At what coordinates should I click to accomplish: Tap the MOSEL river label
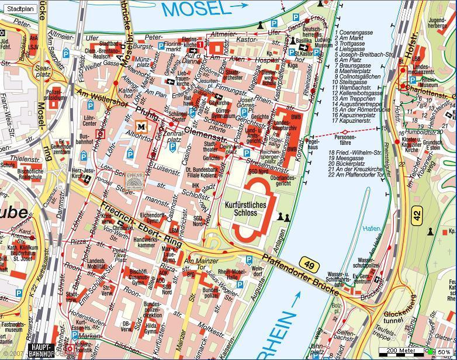point(193,9)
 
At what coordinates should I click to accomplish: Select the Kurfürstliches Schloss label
point(245,209)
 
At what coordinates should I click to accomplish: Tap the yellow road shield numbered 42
point(416,214)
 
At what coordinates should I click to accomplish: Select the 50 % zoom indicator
point(443,352)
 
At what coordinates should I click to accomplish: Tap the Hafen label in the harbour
point(371,229)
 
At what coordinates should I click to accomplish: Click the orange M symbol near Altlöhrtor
point(141,126)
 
